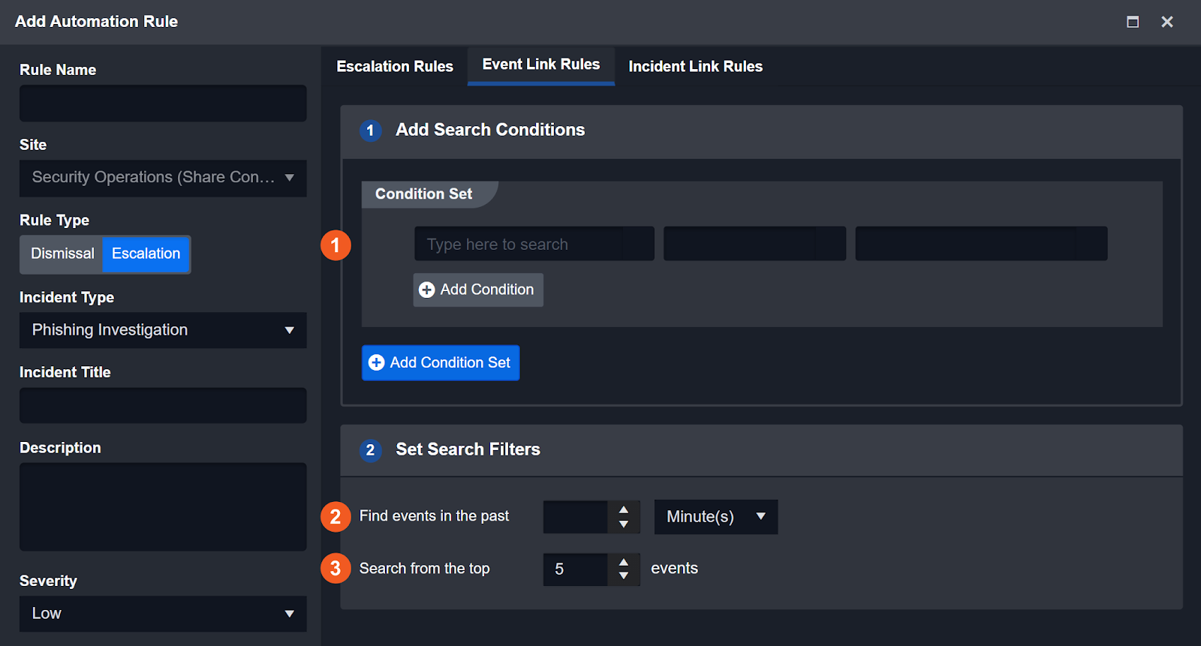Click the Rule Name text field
[x=163, y=103]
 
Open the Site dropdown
[x=163, y=178]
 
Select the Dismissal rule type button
[x=62, y=254]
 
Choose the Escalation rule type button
[x=146, y=254]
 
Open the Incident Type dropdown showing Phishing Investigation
[x=163, y=330]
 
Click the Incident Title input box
[x=163, y=405]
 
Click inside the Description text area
[x=163, y=506]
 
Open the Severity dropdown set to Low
[x=163, y=613]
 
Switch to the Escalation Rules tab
[x=395, y=67]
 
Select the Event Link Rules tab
[x=541, y=65]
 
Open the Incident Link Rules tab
[x=695, y=67]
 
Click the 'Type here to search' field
[x=534, y=244]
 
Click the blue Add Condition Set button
[x=441, y=363]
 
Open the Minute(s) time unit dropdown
[x=716, y=517]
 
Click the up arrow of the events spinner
[x=624, y=563]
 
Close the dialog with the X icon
[x=1167, y=22]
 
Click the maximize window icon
[x=1133, y=22]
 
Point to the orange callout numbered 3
[x=336, y=568]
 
